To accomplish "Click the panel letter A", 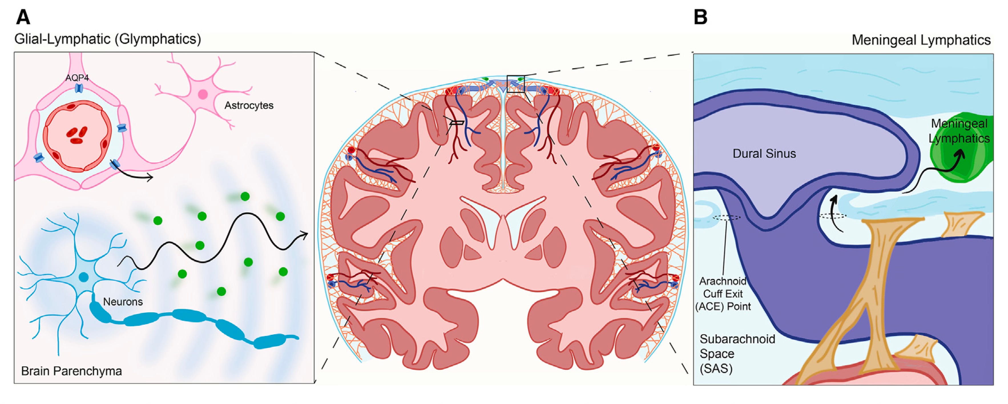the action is point(23,18).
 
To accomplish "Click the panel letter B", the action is point(700,18).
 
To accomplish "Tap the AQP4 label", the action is point(77,78).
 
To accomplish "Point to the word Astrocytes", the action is point(249,105).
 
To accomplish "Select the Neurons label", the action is point(123,302).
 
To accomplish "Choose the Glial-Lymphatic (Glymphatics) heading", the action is point(108,39).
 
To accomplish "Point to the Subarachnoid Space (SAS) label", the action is point(737,353).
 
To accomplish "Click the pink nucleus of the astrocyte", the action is point(203,94).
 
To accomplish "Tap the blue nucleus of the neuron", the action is point(83,277).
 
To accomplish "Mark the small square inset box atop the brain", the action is point(515,83).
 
